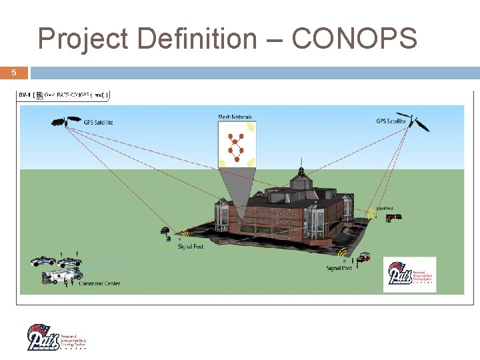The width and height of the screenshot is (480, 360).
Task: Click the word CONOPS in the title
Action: pos(354,39)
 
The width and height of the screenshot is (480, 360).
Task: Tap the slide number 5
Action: pos(14,73)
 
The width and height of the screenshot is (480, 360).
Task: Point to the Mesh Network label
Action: pos(235,117)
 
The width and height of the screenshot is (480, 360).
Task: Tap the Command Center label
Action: pos(99,283)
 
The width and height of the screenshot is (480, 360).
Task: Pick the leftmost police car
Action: pos(43,261)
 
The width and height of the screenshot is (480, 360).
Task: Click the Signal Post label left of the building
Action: pos(191,247)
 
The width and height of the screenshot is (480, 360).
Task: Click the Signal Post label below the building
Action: pos(339,268)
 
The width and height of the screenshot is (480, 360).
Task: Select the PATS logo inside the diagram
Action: pos(409,274)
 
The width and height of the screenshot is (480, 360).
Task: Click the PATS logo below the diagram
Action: pos(57,337)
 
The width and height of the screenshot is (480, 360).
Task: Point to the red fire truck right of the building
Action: pos(394,217)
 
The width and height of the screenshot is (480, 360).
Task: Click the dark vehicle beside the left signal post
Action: pos(165,231)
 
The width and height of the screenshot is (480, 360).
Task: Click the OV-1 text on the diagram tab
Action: pos(23,95)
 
